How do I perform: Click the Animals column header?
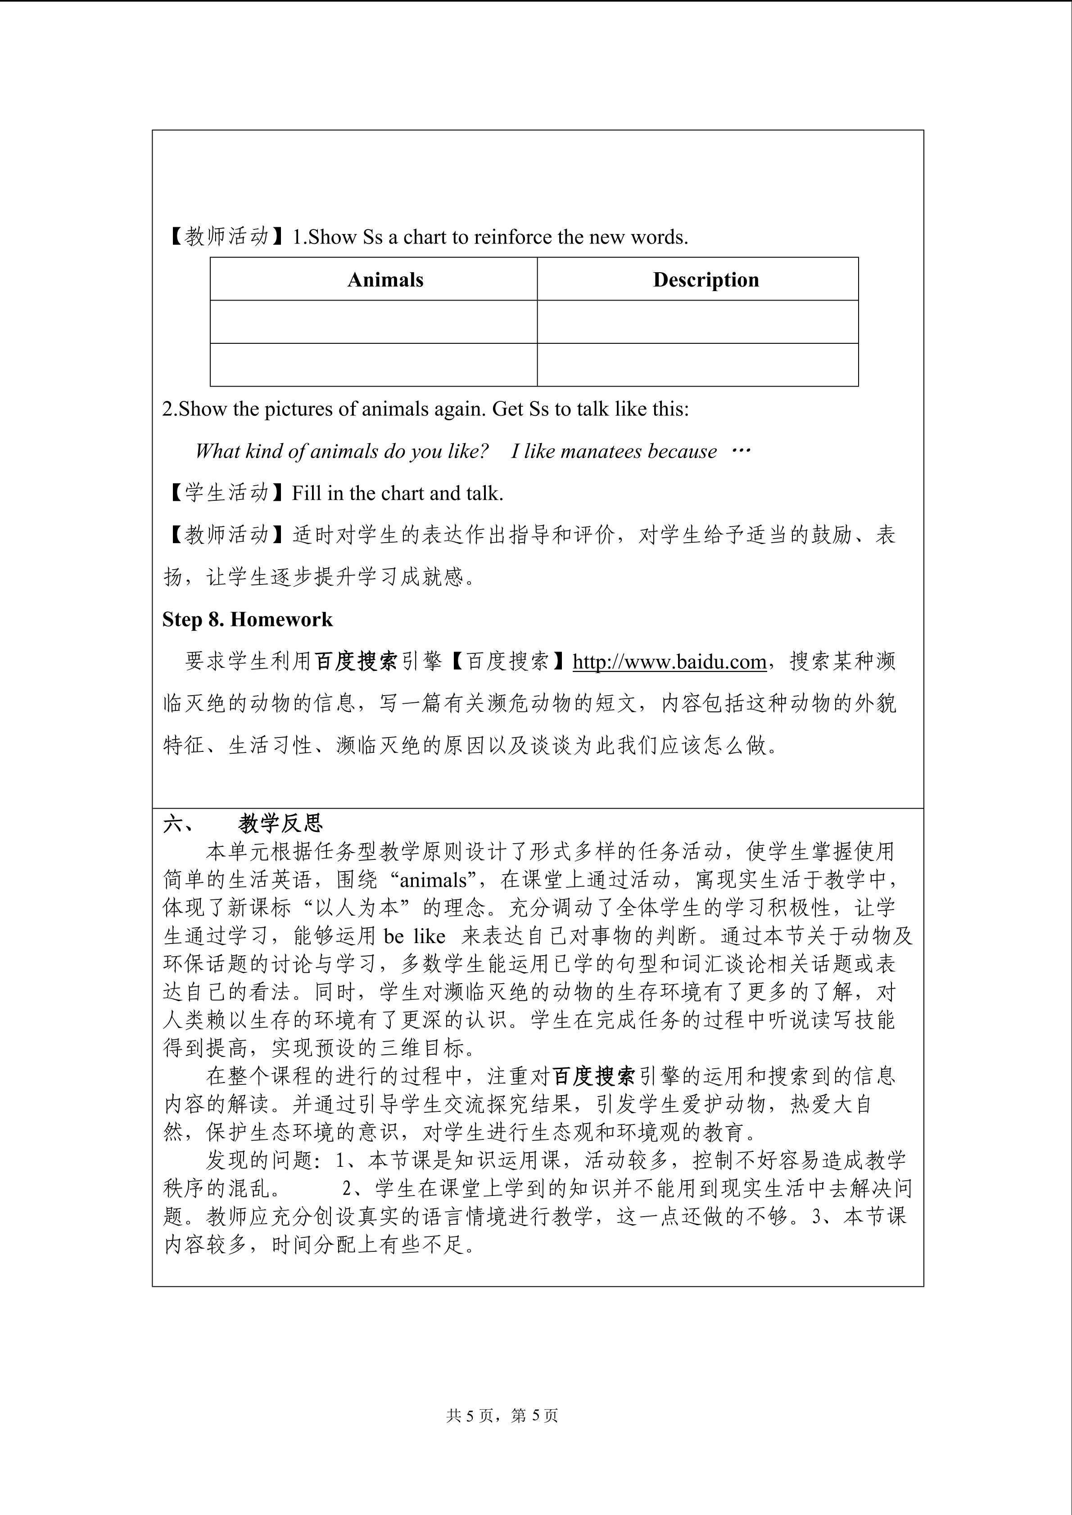[x=385, y=280]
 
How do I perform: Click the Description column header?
[x=706, y=280]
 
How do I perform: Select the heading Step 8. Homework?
[x=248, y=620]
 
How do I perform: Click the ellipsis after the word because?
[x=742, y=451]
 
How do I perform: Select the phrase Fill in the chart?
[x=358, y=493]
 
